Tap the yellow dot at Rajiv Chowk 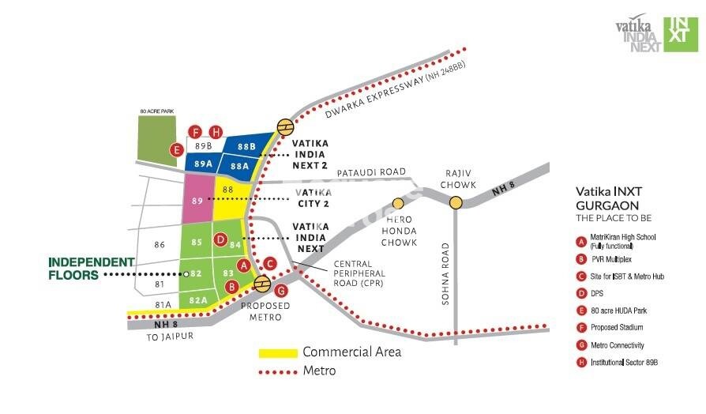[x=456, y=203]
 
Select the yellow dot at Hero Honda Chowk [x=399, y=203]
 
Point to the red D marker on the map [x=221, y=239]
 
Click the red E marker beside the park [x=178, y=149]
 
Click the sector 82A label [x=199, y=300]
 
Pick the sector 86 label [x=160, y=245]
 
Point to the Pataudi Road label [x=370, y=172]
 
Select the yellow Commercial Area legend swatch [x=278, y=352]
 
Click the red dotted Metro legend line [x=278, y=371]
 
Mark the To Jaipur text [x=169, y=336]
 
